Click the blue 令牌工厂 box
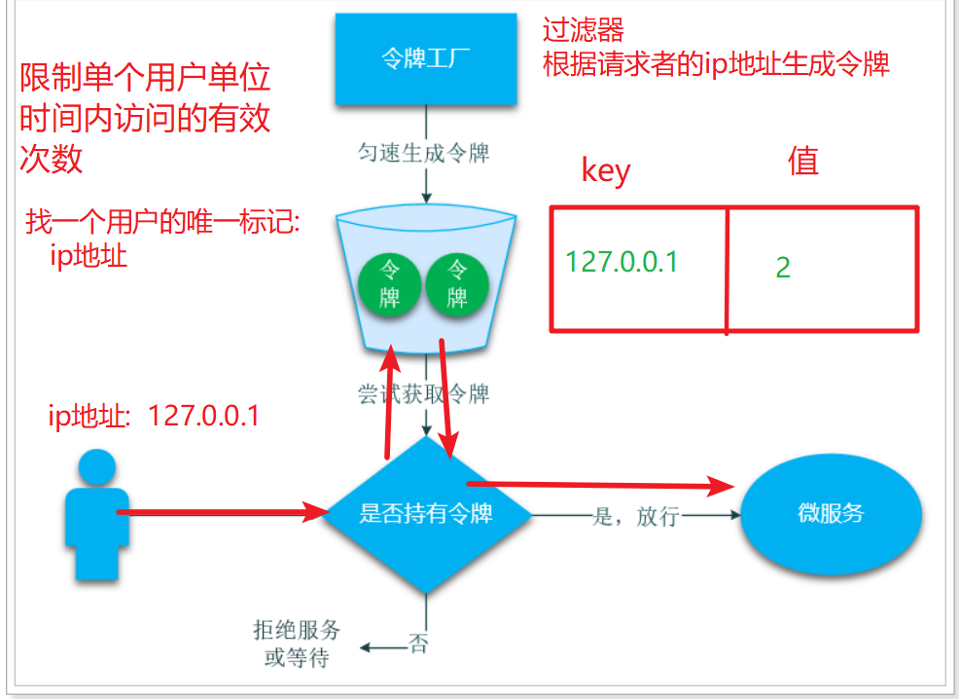(x=425, y=59)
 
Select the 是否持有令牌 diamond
(x=425, y=513)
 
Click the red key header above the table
(x=606, y=170)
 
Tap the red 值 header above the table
(x=802, y=162)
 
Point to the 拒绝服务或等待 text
(x=297, y=644)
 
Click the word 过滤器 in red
(x=584, y=29)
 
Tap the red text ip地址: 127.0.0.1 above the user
(x=154, y=416)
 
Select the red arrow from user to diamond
(x=224, y=511)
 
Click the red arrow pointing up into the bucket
(x=390, y=399)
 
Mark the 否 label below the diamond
(x=418, y=644)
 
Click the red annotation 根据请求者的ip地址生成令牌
(x=716, y=64)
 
